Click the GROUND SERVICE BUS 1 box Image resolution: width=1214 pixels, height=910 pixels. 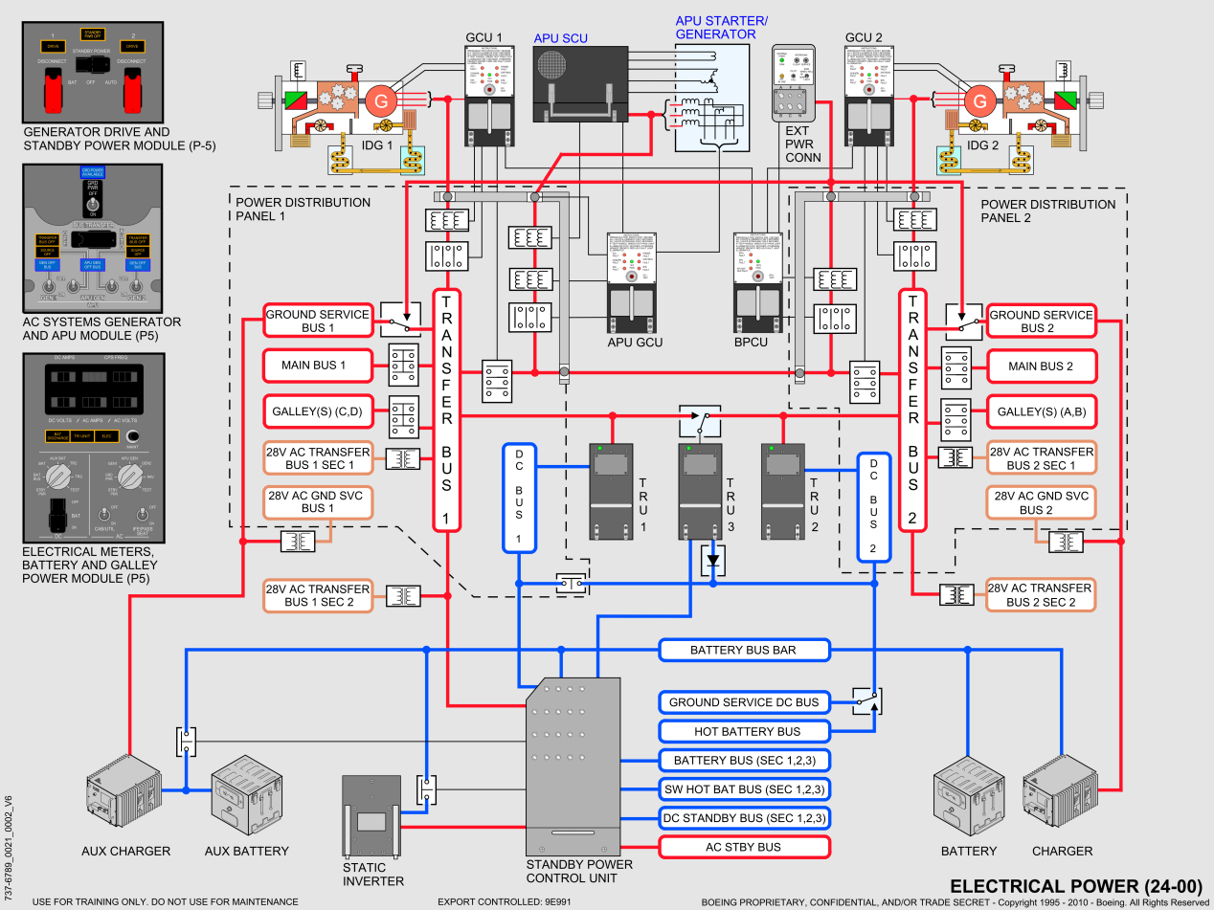pyautogui.click(x=318, y=322)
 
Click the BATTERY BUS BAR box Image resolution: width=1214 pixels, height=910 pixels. pyautogui.click(x=743, y=651)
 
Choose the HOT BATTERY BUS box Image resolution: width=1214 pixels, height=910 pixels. pyautogui.click(x=743, y=732)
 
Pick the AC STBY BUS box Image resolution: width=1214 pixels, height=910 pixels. pyautogui.click(x=743, y=847)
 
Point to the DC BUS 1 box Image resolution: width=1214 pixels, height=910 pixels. pyautogui.click(x=519, y=498)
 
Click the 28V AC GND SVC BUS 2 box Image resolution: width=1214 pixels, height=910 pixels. pyautogui.click(x=1042, y=503)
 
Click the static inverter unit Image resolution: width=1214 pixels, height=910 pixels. pyautogui.click(x=371, y=817)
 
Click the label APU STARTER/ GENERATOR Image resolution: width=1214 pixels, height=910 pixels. pyautogui.click(x=722, y=28)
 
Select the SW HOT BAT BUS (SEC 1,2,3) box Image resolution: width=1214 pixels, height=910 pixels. pyautogui.click(x=743, y=789)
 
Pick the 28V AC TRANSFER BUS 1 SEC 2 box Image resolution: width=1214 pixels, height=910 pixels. pyautogui.click(x=318, y=595)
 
